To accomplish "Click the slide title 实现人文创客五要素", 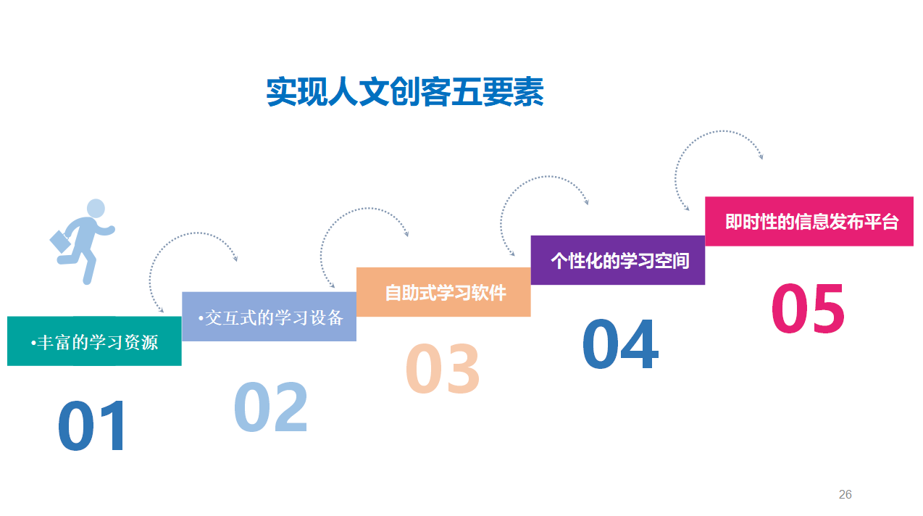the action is click(x=405, y=91).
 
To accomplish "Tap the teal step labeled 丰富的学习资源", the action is click(x=94, y=341).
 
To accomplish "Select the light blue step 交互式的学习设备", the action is click(x=269, y=317).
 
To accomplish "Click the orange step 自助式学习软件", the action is click(x=443, y=292).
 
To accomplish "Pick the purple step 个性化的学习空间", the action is click(x=618, y=260).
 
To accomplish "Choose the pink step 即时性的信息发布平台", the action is click(x=809, y=221).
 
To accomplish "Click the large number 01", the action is click(x=91, y=425).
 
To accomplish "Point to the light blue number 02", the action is click(x=271, y=407).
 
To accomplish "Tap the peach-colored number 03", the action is click(x=443, y=368).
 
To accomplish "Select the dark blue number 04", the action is click(x=620, y=344).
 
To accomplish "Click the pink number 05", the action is click(x=808, y=308).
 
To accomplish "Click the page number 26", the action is click(x=845, y=494).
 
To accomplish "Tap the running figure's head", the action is click(x=96, y=209).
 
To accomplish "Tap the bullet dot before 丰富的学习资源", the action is click(x=33, y=343).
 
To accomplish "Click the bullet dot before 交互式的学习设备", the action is click(x=201, y=318).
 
